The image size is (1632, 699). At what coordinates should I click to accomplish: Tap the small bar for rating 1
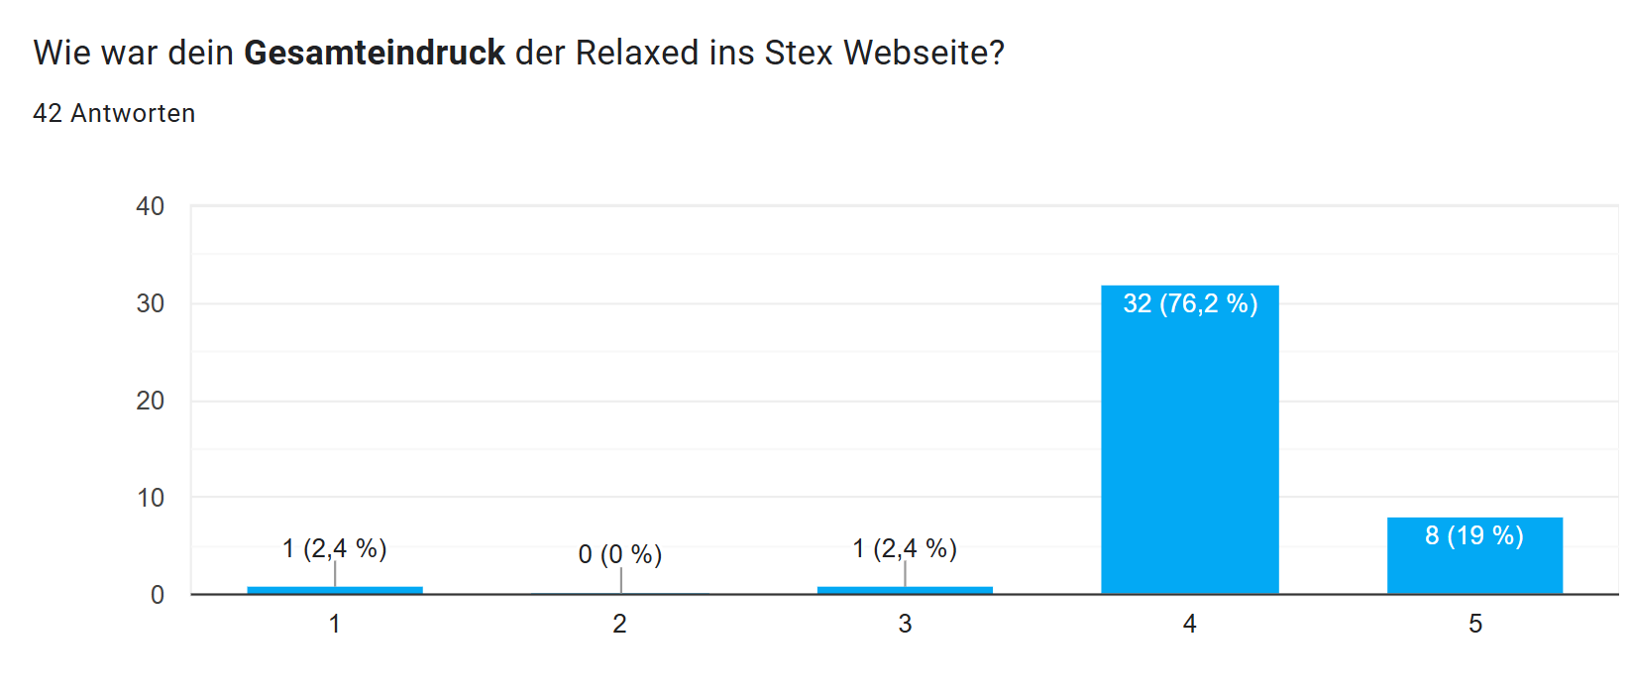tap(335, 590)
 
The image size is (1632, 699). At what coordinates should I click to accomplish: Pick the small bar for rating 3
tap(905, 590)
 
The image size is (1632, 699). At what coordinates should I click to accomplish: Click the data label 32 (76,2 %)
tap(1190, 303)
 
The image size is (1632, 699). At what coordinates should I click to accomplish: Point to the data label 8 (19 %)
tap(1474, 535)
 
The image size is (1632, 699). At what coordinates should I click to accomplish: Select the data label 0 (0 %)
tap(620, 554)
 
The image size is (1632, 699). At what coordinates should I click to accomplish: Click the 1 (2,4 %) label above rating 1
tap(335, 548)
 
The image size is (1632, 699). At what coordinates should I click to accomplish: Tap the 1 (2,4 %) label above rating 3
tap(905, 548)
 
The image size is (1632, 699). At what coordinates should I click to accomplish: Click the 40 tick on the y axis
tap(151, 206)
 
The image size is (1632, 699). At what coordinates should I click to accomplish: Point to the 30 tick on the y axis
tap(151, 303)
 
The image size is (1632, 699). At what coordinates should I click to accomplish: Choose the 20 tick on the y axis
tap(151, 401)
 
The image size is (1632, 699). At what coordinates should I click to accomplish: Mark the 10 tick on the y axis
tap(151, 498)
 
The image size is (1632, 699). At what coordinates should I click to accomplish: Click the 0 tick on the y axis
tap(158, 595)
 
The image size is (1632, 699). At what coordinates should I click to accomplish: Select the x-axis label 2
tap(620, 624)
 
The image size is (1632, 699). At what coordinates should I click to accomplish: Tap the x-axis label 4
tap(1189, 624)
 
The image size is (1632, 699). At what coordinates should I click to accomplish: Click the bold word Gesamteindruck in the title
tap(375, 53)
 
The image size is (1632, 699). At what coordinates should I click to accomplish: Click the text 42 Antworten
tap(114, 113)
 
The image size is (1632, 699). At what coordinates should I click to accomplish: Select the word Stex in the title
tap(799, 53)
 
